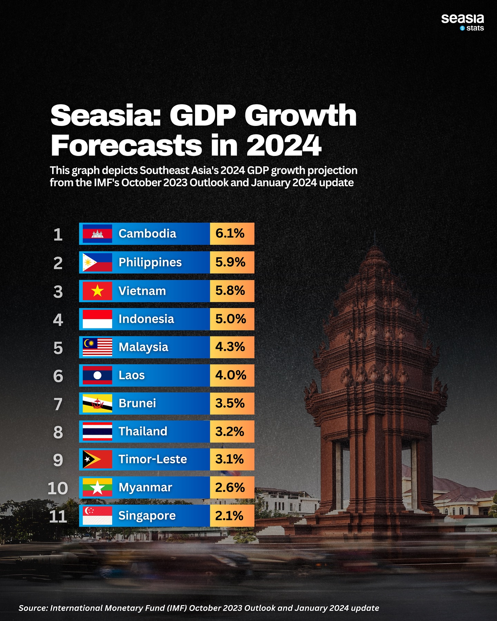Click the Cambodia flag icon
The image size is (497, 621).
click(x=97, y=234)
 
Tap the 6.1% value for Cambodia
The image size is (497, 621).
click(x=230, y=234)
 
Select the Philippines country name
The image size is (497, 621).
click(x=150, y=262)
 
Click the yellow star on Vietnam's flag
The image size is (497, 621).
click(x=98, y=291)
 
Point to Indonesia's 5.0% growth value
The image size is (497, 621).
click(x=231, y=319)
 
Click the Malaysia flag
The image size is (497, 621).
click(x=97, y=347)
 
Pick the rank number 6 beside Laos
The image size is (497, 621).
click(x=58, y=376)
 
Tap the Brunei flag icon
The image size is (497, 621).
click(x=97, y=403)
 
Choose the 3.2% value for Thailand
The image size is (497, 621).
click(x=230, y=432)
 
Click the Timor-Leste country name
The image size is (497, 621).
click(x=153, y=459)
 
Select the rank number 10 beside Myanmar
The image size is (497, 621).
click(x=58, y=488)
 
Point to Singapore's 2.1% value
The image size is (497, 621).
click(x=229, y=516)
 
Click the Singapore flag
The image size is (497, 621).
click(x=97, y=516)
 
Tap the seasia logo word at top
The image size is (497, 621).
click(x=462, y=18)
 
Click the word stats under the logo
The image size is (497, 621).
click(x=475, y=28)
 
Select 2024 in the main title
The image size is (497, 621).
click(x=284, y=146)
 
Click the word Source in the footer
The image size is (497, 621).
click(x=32, y=608)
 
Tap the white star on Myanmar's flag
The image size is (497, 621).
click(x=98, y=488)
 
